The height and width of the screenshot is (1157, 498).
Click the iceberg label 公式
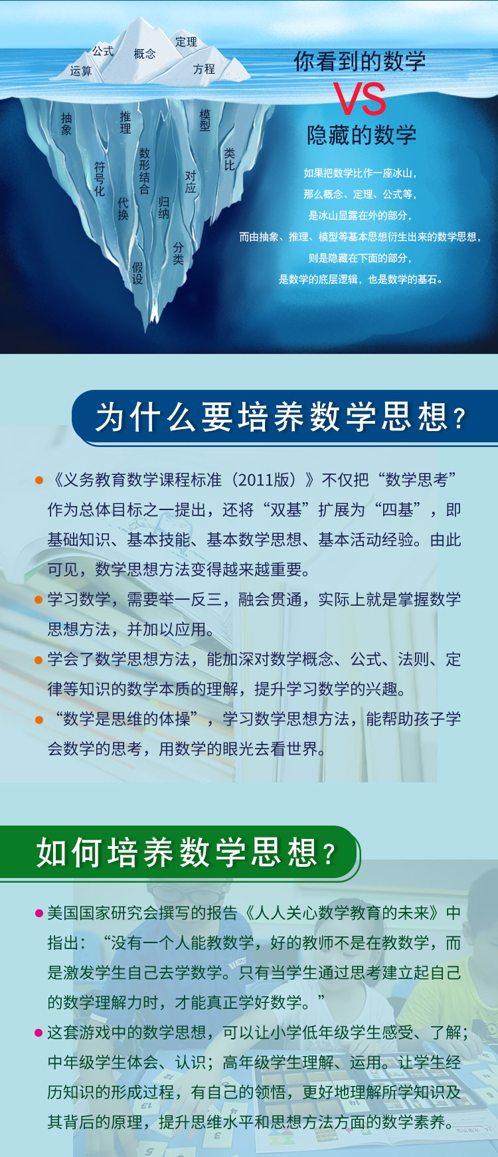103,51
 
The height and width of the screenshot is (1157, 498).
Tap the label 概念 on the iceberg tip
145,54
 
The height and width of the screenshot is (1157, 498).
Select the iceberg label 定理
186,42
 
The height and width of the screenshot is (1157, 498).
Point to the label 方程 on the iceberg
204,69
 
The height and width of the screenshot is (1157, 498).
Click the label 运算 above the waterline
81,71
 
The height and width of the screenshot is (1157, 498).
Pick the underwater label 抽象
66,124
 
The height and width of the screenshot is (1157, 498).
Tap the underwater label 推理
125,122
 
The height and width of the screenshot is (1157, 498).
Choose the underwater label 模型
205,120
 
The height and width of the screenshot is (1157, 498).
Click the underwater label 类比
230,159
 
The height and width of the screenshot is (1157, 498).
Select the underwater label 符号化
100,179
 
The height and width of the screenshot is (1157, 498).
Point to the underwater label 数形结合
145,171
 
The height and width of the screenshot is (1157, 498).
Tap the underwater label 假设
137,273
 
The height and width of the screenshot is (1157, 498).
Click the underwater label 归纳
164,207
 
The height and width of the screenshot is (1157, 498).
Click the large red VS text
359,99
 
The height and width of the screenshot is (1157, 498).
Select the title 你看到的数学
360,62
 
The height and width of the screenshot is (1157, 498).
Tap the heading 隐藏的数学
361,135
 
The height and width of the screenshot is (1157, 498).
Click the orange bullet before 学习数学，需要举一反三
39,600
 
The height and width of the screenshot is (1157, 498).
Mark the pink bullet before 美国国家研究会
39,913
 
